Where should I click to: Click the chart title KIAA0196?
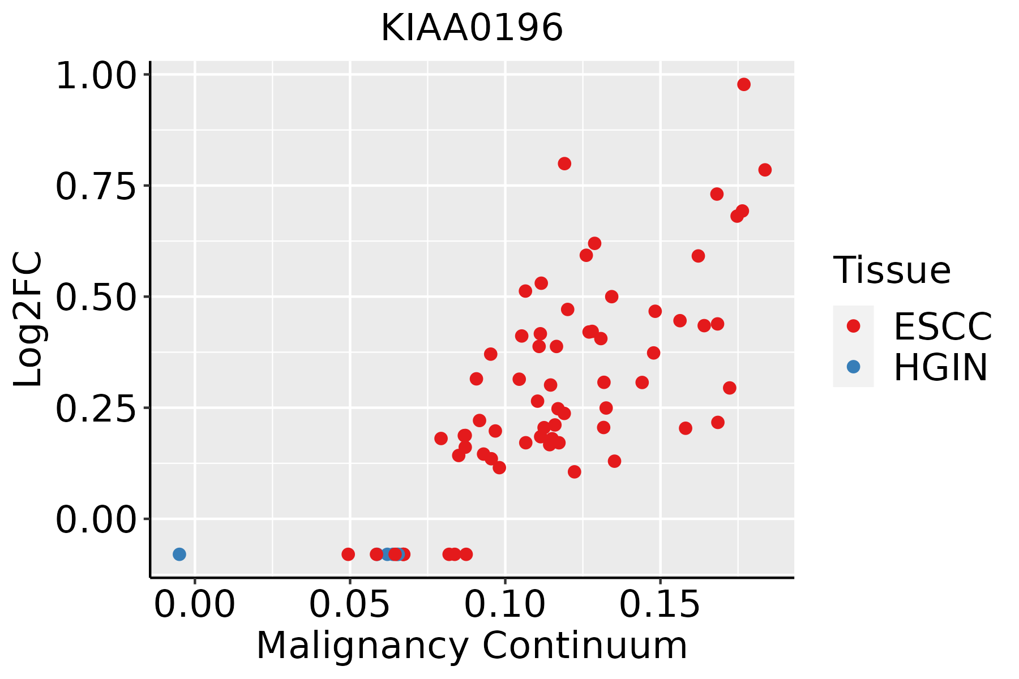pos(472,28)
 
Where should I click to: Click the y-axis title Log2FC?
pos(28,319)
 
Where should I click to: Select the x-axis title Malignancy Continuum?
pos(472,646)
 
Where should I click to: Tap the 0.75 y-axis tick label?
pos(96,187)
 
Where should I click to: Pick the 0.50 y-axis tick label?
pos(96,298)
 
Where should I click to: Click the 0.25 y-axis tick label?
pos(96,410)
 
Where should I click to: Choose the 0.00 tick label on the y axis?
pos(96,521)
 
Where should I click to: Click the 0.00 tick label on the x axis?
pos(195,605)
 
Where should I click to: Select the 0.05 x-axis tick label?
pos(350,605)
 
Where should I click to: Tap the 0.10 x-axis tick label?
pos(505,605)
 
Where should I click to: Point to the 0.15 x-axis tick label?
pos(660,605)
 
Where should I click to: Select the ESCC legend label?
pos(943,326)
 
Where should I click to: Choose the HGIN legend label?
pos(941,367)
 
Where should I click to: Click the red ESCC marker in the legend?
pos(853,326)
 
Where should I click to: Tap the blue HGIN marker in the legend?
pos(853,367)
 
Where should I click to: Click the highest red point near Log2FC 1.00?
pos(744,84)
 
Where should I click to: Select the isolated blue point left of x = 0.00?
pos(179,554)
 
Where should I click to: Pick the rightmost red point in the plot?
pos(765,170)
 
